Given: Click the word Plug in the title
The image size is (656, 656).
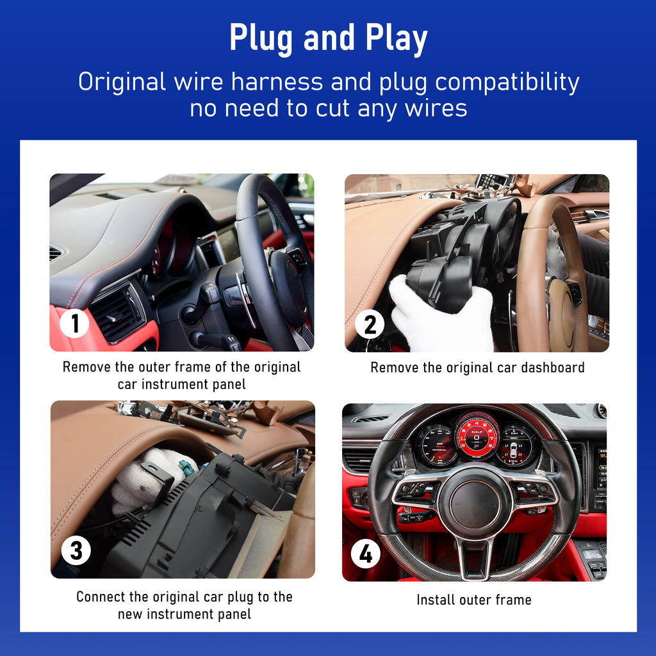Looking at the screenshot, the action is (261, 39).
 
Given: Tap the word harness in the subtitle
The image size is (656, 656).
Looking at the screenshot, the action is (277, 81).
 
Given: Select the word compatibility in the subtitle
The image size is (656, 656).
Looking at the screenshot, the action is (507, 83).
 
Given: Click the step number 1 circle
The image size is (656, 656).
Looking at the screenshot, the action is (74, 323).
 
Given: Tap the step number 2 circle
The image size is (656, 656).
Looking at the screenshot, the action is (370, 324).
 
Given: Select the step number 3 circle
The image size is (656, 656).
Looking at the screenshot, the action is (76, 550).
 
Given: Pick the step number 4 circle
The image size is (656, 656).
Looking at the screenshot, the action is (366, 553).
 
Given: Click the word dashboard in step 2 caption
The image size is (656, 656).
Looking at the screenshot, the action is (552, 367).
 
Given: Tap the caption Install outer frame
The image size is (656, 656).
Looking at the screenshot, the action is (474, 600).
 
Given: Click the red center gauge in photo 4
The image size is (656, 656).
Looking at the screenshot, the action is (477, 436).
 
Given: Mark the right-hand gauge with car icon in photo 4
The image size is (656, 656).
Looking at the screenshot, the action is (518, 445).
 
